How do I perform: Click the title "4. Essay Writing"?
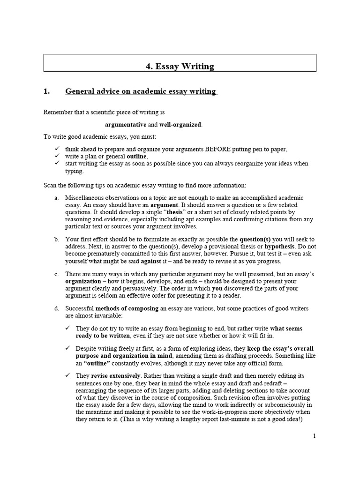[x=180, y=66]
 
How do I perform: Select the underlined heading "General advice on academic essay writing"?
[x=141, y=91]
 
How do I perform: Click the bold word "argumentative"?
[x=126, y=125]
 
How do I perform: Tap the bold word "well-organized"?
[x=180, y=125]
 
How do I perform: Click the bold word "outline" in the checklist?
[x=137, y=156]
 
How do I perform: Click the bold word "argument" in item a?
[x=164, y=205]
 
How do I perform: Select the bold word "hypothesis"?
[x=280, y=247]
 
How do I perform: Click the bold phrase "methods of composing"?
[x=127, y=308]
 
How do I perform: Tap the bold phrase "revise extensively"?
[x=116, y=376]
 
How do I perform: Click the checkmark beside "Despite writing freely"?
[x=68, y=349]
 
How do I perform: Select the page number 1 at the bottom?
[x=315, y=436]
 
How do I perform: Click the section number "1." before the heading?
[x=46, y=91]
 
